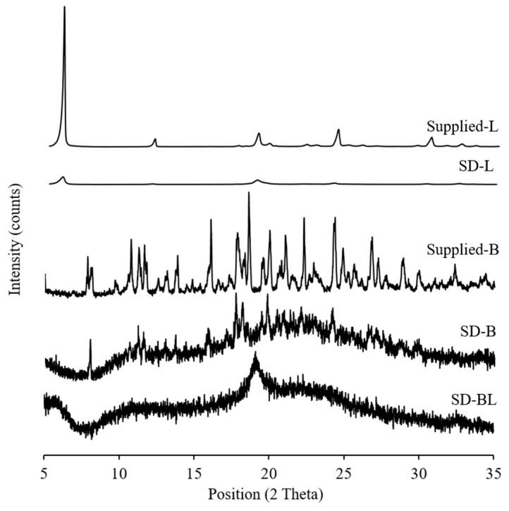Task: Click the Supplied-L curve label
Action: (x=463, y=128)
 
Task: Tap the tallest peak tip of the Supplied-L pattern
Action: (x=64, y=7)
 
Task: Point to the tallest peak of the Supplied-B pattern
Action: (x=249, y=192)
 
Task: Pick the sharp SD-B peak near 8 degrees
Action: (x=90, y=340)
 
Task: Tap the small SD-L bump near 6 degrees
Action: (x=63, y=178)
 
